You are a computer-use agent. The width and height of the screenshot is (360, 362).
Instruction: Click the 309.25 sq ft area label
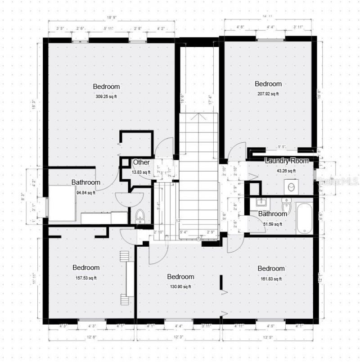tap(106, 96)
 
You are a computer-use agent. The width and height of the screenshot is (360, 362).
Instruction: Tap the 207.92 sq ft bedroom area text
tap(268, 94)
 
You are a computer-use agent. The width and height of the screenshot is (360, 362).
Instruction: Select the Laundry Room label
tap(287, 161)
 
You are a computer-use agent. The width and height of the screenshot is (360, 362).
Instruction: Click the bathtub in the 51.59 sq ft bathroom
tap(305, 218)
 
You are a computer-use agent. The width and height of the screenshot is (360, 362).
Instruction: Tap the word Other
tap(141, 162)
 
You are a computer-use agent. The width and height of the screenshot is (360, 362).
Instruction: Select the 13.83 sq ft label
tap(141, 172)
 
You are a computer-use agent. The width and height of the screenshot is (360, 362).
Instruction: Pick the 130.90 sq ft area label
tap(180, 287)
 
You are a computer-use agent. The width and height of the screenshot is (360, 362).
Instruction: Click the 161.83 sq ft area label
tap(271, 279)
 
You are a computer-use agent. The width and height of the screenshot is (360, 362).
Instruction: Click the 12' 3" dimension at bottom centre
tap(179, 336)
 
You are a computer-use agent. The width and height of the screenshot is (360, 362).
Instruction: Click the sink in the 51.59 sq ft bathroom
tap(259, 201)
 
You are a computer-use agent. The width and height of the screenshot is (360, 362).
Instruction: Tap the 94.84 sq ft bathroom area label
tap(85, 193)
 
